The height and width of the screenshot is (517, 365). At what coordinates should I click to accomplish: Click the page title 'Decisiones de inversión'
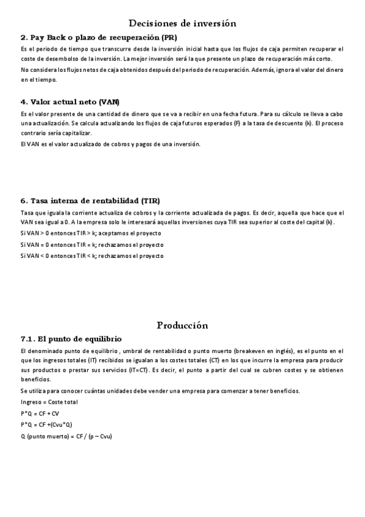pyautogui.click(x=182, y=23)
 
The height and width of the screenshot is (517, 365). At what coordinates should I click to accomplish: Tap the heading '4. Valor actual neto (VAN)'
pyautogui.click(x=70, y=101)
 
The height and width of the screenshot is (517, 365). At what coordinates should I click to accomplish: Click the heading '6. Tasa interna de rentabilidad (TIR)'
pyautogui.click(x=90, y=201)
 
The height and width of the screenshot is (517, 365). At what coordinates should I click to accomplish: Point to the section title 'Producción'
pyautogui.click(x=182, y=325)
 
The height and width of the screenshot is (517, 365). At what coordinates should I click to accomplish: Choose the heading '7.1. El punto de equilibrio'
pyautogui.click(x=71, y=338)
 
